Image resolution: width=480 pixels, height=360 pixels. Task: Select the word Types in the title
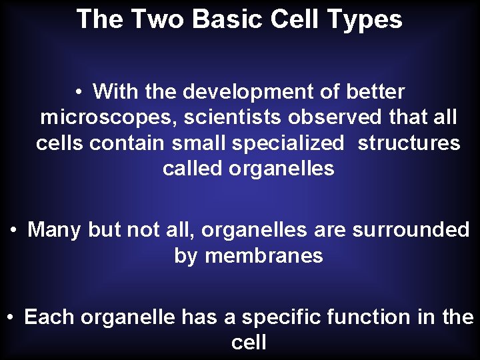pyautogui.click(x=371, y=19)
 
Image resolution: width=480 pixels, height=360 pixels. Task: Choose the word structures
pyautogui.click(x=409, y=143)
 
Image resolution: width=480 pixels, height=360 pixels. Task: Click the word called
pyautogui.click(x=193, y=169)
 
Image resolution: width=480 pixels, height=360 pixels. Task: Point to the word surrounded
pyautogui.click(x=411, y=230)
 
